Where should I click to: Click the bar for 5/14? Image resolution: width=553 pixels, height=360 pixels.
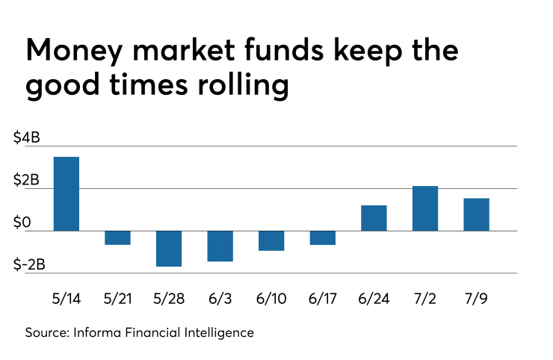click(67, 193)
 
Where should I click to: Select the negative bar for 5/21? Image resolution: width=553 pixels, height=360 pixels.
click(118, 238)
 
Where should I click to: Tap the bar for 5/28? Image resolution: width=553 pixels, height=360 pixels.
click(169, 249)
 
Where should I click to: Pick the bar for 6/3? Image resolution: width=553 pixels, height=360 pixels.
click(220, 246)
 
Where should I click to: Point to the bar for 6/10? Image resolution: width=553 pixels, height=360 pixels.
click(271, 240)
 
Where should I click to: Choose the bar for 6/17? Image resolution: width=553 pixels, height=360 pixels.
click(323, 238)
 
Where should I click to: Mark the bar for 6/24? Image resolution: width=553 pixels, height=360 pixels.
click(374, 218)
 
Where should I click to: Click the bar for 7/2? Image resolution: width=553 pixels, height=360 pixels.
click(425, 208)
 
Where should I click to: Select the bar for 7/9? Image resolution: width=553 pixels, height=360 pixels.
click(476, 214)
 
